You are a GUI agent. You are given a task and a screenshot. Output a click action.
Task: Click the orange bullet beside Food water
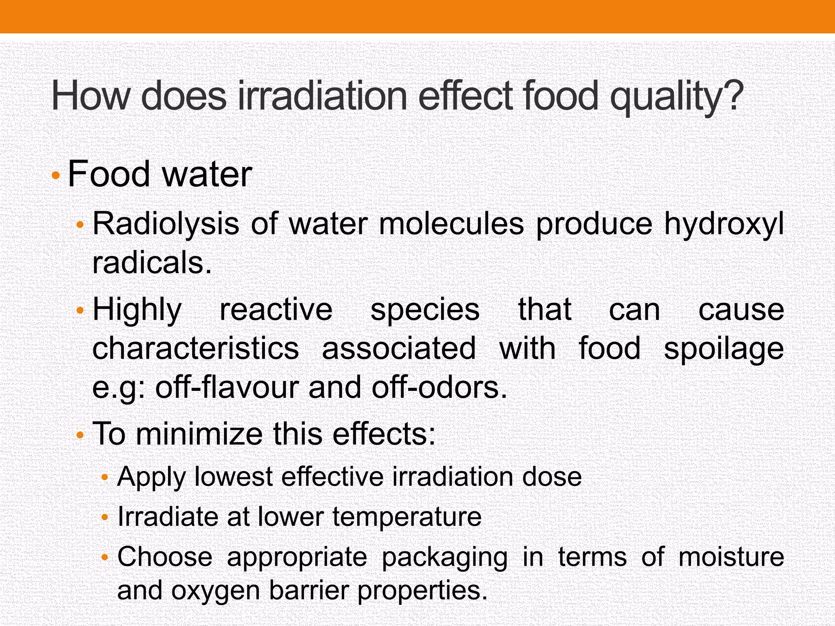tap(56, 176)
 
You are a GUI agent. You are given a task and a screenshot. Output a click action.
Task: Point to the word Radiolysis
tap(166, 224)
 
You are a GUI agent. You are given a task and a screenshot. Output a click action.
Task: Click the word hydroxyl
tap(724, 224)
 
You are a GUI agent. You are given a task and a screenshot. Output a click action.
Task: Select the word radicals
tap(152, 263)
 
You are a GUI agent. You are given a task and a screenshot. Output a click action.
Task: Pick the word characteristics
tap(196, 348)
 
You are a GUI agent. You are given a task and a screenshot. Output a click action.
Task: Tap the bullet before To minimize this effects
tap(80, 435)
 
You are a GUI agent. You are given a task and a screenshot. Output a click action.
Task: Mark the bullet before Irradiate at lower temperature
tap(105, 518)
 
